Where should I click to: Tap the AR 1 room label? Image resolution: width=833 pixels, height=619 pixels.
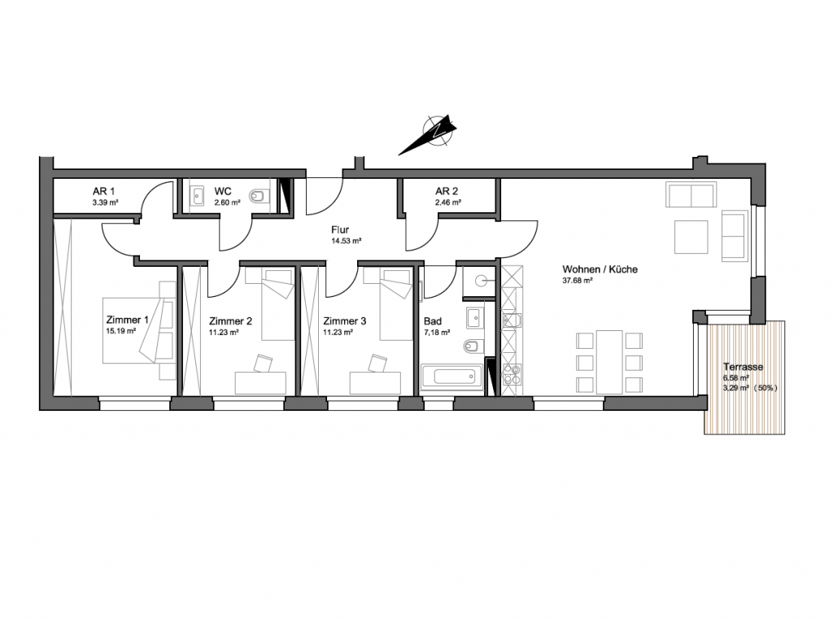[103, 191]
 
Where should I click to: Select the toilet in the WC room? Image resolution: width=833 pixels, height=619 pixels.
[258, 196]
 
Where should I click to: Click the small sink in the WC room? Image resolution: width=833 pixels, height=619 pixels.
[198, 196]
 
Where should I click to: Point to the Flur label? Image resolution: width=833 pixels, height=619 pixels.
[340, 230]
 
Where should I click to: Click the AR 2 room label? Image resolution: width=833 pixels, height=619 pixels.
[447, 191]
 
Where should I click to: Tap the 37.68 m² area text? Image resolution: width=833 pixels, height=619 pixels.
[578, 281]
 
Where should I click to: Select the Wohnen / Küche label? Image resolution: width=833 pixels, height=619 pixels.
[600, 269]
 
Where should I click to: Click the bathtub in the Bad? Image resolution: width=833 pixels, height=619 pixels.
[452, 377]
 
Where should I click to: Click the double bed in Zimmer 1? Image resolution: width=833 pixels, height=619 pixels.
[138, 330]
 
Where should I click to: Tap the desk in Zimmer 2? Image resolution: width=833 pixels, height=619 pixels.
[260, 382]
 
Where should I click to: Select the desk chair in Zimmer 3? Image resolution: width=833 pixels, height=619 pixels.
[377, 364]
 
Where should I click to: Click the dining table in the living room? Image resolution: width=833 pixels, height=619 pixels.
[609, 362]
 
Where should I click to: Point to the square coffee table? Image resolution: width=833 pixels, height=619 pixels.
[691, 237]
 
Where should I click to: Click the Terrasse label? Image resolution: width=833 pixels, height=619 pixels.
[743, 367]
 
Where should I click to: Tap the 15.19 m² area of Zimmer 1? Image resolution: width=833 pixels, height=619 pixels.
[121, 330]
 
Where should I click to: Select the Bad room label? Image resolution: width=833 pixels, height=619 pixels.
[433, 321]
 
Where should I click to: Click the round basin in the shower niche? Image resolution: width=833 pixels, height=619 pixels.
[482, 281]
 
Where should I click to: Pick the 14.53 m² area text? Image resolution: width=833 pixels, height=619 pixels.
[347, 241]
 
